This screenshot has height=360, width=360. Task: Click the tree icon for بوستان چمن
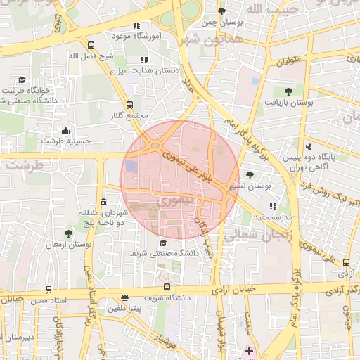(222, 11)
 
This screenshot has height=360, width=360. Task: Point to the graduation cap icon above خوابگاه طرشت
(22, 80)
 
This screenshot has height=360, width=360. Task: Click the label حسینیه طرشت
(66, 141)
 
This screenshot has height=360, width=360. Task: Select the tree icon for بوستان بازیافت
(288, 91)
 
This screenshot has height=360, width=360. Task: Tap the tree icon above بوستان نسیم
(250, 175)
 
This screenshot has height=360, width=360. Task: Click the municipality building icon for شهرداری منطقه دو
(104, 202)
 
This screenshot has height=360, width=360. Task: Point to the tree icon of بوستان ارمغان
(68, 233)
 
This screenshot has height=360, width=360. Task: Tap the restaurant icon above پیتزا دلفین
(124, 297)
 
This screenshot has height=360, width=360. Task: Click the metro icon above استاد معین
(48, 289)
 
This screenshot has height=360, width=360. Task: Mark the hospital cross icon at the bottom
(249, 349)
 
